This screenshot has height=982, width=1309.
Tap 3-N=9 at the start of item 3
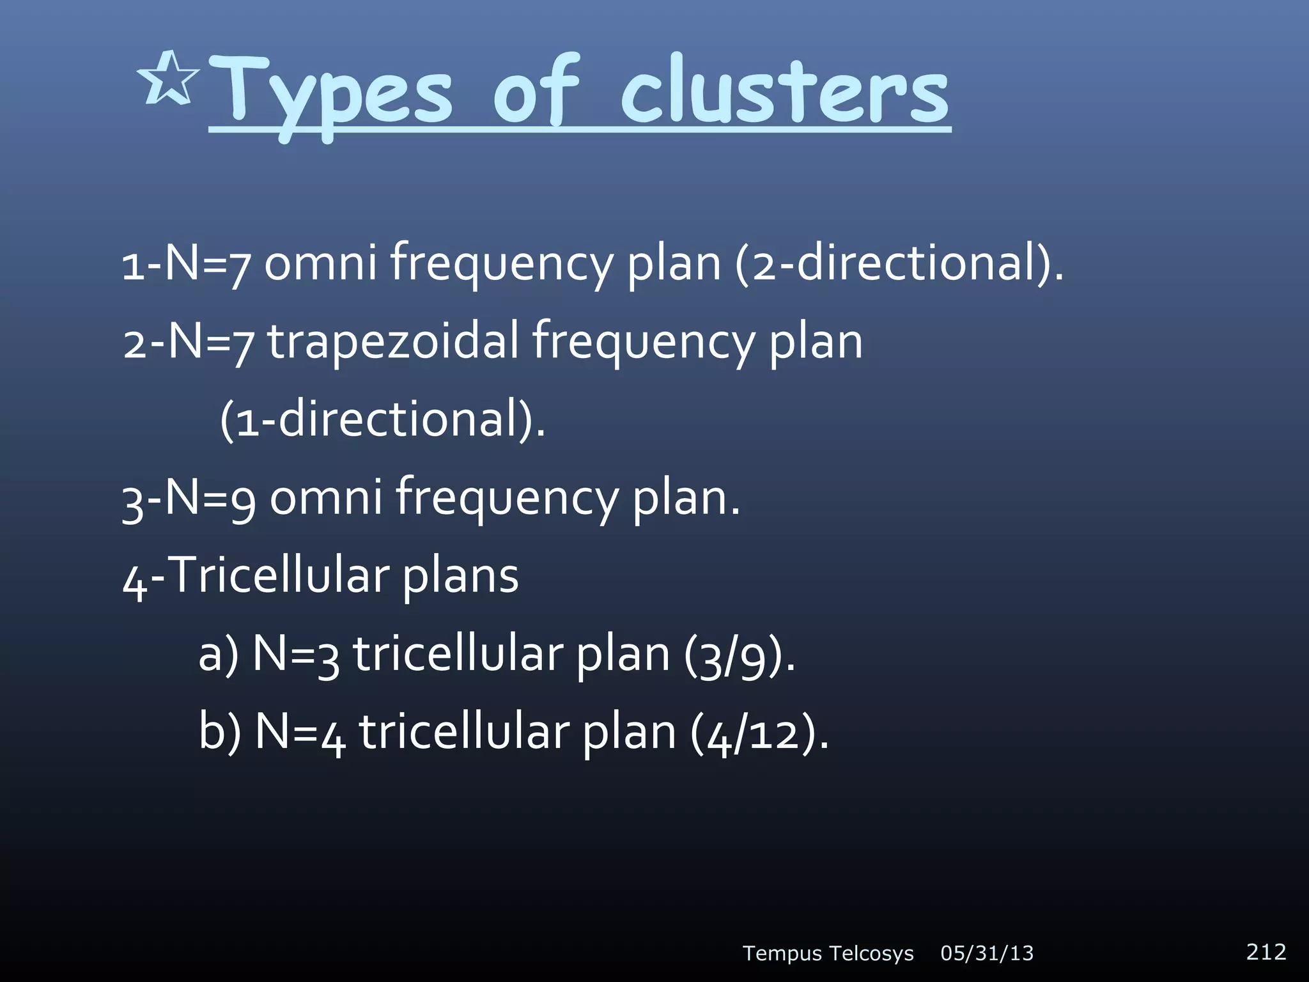[x=189, y=497]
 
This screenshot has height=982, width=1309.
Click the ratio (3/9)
[x=740, y=655]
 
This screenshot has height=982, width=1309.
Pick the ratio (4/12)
[x=759, y=733]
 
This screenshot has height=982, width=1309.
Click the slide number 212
[x=1266, y=951]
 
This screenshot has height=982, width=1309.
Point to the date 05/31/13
[x=987, y=953]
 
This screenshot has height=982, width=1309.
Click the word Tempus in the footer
[x=782, y=954]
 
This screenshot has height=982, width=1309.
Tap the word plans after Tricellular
[x=460, y=575]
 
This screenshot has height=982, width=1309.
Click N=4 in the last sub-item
[x=300, y=733]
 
